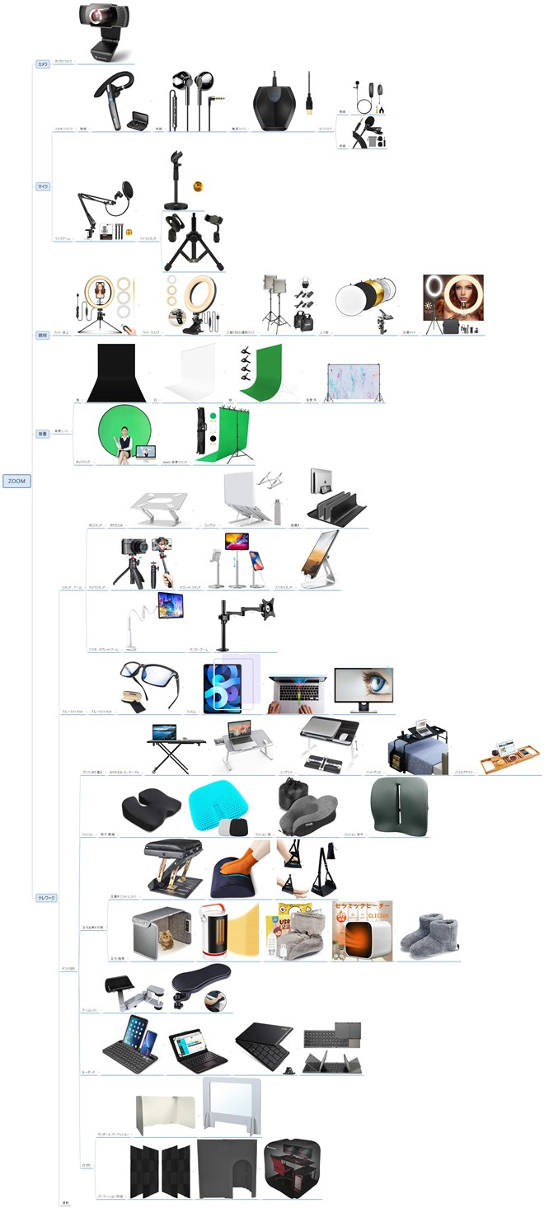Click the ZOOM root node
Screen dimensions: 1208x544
click(x=16, y=481)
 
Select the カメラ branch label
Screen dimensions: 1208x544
click(x=43, y=63)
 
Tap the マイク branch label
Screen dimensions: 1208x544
click(x=43, y=186)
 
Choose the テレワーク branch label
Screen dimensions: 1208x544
click(x=46, y=897)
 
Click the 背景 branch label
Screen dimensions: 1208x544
click(x=43, y=434)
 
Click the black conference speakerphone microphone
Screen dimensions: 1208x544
click(x=278, y=105)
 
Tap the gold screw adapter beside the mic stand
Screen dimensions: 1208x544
click(x=197, y=186)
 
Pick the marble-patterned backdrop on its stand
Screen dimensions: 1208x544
click(x=354, y=381)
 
